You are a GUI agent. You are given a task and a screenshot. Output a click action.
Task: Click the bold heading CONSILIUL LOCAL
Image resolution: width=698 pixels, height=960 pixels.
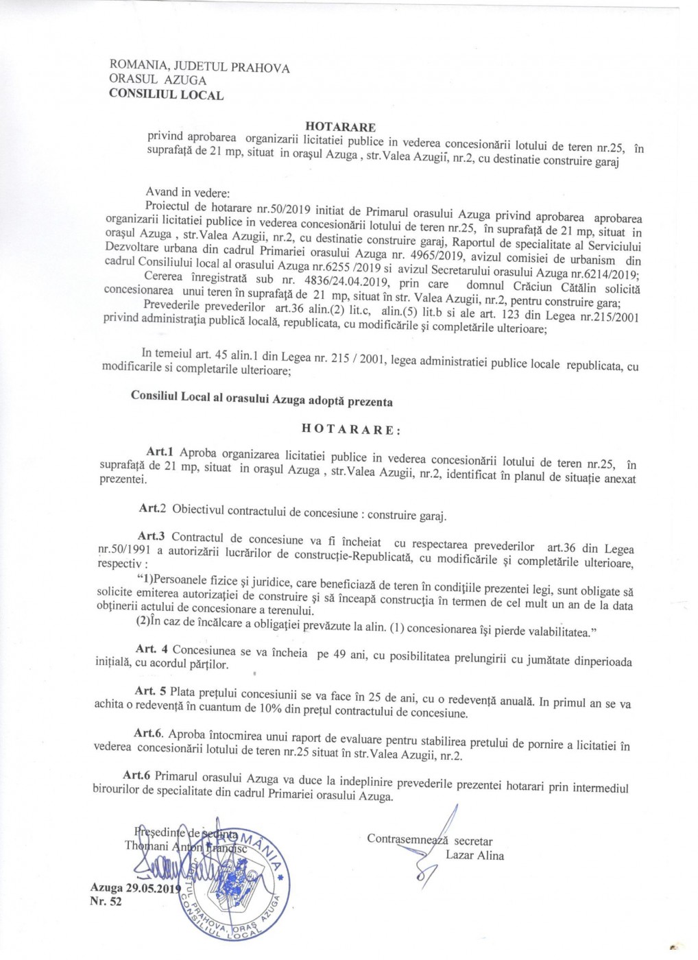point(166,95)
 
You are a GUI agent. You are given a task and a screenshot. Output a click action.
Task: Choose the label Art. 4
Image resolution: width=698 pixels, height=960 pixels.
point(152,649)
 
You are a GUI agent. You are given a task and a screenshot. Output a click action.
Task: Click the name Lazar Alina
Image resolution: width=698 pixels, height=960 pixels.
point(474,855)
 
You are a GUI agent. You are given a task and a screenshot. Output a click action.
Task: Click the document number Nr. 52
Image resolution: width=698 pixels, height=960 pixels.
point(106,902)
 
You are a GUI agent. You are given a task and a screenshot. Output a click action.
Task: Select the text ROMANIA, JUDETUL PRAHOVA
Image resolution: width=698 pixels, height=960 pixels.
point(200,68)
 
